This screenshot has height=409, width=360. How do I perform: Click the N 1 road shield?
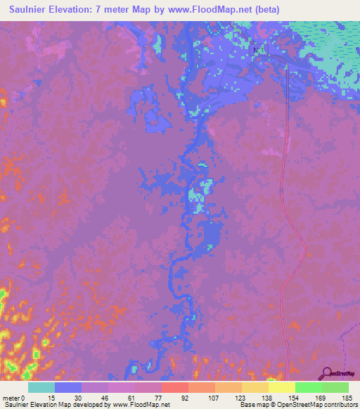(257, 50)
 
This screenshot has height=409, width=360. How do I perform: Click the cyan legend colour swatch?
(41, 387)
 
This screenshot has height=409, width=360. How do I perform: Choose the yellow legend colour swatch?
(281, 387)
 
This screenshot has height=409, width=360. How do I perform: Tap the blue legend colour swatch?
(68, 387)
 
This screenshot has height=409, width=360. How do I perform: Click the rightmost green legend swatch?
(335, 387)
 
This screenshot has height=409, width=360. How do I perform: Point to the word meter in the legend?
(11, 397)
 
